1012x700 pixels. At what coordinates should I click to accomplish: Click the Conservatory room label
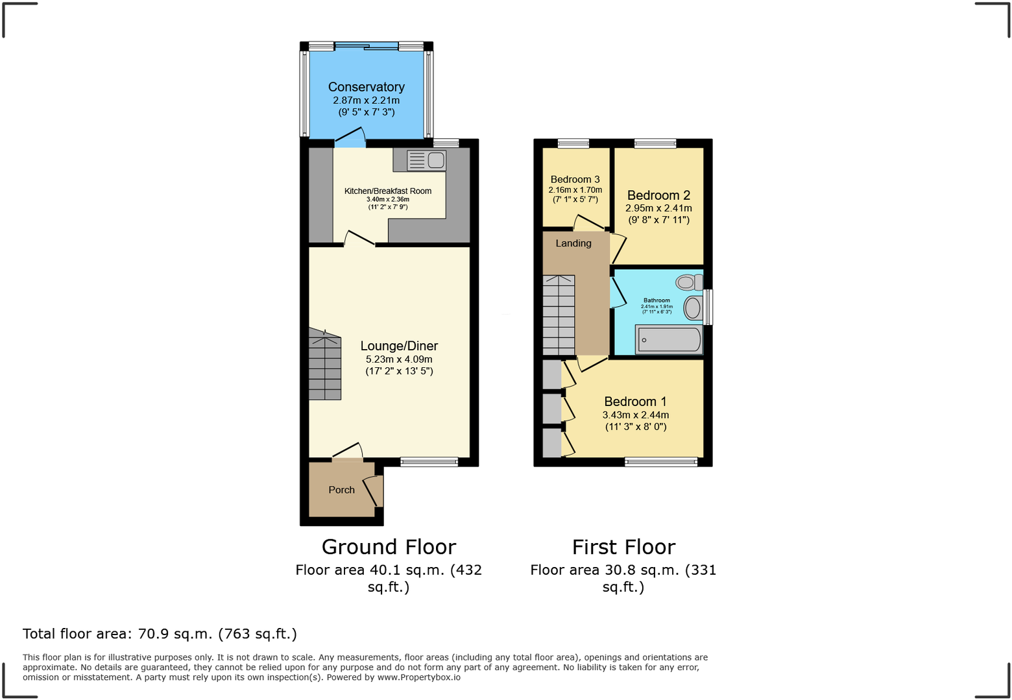pyautogui.click(x=366, y=87)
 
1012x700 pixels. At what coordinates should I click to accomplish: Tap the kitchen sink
pyautogui.click(x=426, y=160)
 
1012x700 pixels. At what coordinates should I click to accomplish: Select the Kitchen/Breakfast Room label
pyautogui.click(x=387, y=191)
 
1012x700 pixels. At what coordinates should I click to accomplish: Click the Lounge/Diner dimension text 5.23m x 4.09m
pyautogui.click(x=399, y=359)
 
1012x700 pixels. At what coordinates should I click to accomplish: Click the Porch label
pyautogui.click(x=341, y=490)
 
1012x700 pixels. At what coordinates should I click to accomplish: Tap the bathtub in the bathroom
pyautogui.click(x=669, y=340)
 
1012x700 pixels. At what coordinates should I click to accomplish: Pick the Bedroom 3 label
pyautogui.click(x=575, y=180)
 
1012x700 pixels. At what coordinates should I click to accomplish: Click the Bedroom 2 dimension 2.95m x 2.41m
pyautogui.click(x=658, y=208)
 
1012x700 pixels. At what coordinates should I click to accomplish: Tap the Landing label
pyautogui.click(x=573, y=243)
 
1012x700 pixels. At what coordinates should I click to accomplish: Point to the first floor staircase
pyautogui.click(x=559, y=315)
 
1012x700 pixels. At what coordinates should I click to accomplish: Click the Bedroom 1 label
pyautogui.click(x=635, y=402)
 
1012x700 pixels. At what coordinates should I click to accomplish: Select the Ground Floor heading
pyautogui.click(x=389, y=547)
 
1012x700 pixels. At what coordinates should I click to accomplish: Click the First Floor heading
pyautogui.click(x=623, y=547)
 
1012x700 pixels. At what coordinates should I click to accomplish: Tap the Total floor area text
pyautogui.click(x=160, y=634)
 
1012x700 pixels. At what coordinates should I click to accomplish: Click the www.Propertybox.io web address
pyautogui.click(x=418, y=677)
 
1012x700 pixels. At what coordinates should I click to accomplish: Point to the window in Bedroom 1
pyautogui.click(x=661, y=462)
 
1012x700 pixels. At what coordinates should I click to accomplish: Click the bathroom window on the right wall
pyautogui.click(x=708, y=307)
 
